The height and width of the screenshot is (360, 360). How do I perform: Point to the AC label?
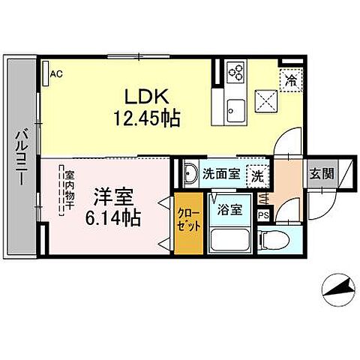[x=56, y=73]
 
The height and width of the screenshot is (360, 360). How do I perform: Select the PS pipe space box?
[x=262, y=215]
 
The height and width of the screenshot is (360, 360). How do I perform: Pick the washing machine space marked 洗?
[x=257, y=176]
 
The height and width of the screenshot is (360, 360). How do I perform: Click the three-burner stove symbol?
[x=236, y=73]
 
